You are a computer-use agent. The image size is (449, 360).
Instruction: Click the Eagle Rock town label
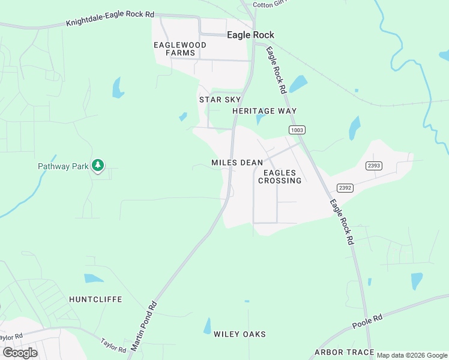tap(250, 35)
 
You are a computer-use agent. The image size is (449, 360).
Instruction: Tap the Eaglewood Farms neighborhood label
tap(180, 49)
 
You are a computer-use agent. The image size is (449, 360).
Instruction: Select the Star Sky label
tap(220, 100)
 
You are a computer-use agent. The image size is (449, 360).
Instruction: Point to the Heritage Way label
tap(265, 111)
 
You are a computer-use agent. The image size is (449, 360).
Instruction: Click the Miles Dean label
tap(237, 163)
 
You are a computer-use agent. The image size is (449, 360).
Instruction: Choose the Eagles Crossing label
tap(280, 177)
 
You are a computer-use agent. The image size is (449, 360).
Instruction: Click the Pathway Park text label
tap(63, 166)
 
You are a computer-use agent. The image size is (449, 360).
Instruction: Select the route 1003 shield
tap(297, 130)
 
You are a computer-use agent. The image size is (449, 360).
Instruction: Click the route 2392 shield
tap(345, 188)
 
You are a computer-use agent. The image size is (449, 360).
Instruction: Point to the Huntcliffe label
tap(95, 299)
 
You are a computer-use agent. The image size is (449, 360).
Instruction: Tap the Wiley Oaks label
tap(240, 334)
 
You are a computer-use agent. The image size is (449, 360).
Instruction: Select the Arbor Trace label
tap(344, 352)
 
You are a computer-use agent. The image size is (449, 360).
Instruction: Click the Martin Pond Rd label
tap(143, 325)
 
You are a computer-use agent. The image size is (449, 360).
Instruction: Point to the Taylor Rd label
tap(113, 344)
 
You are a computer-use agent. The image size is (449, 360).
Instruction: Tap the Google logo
tap(20, 353)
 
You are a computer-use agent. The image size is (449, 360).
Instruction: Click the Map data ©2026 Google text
tap(412, 356)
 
